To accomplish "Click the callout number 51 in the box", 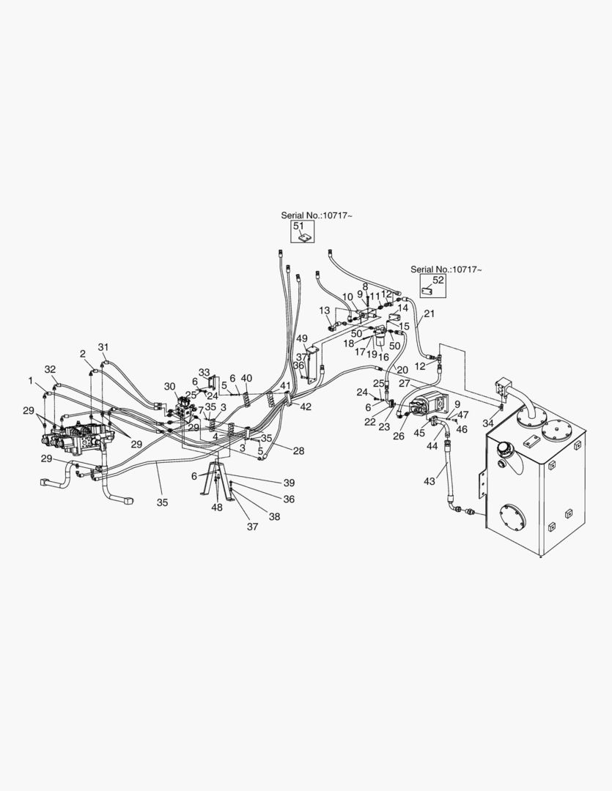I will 298,226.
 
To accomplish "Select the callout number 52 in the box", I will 438,280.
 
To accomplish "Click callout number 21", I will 429,313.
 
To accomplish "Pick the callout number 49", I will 302,338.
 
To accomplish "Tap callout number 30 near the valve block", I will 169,387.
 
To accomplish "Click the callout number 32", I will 50,369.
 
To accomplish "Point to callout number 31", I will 103,347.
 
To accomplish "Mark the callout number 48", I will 217,508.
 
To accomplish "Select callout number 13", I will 325,311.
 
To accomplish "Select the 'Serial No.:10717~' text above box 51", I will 317,215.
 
